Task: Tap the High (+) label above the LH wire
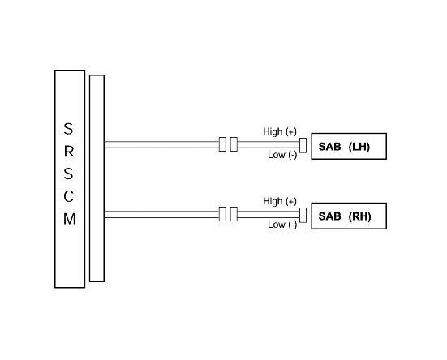[280, 131]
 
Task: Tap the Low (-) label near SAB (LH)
[282, 155]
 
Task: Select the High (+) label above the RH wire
[280, 201]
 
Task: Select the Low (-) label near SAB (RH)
[282, 225]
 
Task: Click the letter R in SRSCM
[69, 152]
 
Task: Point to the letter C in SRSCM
[69, 196]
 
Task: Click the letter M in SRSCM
[70, 219]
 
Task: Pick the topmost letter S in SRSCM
[68, 129]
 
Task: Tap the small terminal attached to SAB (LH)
[303, 145]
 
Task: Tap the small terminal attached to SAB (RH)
[303, 215]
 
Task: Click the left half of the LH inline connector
[222, 144]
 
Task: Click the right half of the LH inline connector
[234, 144]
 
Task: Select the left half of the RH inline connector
[222, 214]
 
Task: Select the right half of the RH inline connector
[234, 214]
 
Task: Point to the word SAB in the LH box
[329, 147]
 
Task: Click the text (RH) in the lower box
[359, 216]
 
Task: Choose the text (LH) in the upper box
[359, 147]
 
